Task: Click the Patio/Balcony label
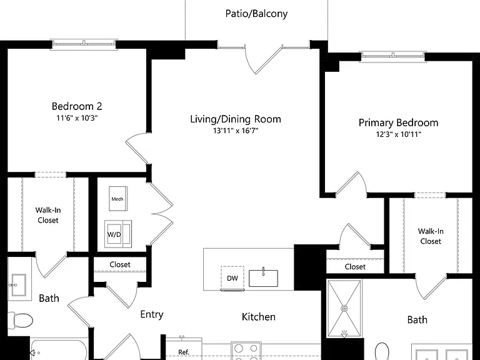click(256, 14)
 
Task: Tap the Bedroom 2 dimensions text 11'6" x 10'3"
click(77, 118)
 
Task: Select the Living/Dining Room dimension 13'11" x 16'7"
click(236, 131)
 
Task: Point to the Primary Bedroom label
click(398, 122)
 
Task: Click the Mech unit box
click(118, 199)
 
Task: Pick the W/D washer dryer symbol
click(118, 234)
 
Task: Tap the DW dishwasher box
click(232, 278)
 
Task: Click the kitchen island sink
click(263, 277)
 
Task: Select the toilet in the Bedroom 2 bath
click(19, 321)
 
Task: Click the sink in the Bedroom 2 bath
click(19, 285)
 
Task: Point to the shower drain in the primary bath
click(344, 308)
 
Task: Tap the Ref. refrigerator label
click(184, 352)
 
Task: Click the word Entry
click(152, 314)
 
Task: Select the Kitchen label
click(259, 317)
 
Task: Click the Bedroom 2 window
click(84, 44)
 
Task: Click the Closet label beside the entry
click(120, 264)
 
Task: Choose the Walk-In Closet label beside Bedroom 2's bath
click(48, 215)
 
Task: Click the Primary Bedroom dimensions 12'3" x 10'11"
click(399, 134)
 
